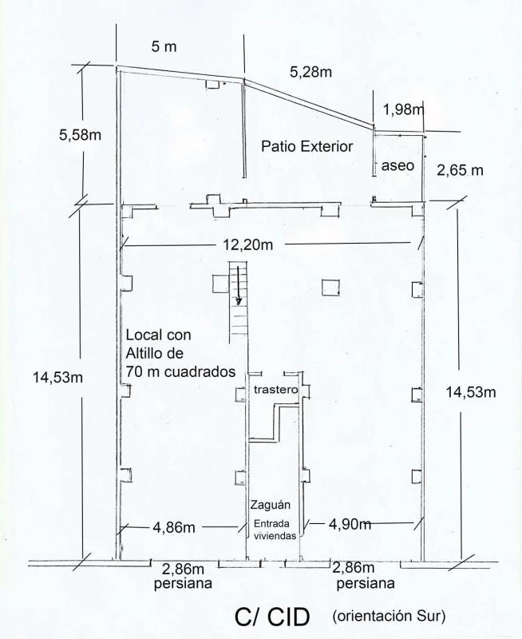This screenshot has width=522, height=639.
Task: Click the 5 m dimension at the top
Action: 164,46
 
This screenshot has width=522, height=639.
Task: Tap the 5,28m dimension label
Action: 310,72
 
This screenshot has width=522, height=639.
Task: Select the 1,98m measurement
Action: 403,109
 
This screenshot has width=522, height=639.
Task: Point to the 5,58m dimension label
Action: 80,135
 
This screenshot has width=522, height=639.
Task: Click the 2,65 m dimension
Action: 460,170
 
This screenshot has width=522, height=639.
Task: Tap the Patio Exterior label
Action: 307,146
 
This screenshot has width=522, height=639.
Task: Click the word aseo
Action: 397,165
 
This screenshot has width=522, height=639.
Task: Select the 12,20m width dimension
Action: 248,245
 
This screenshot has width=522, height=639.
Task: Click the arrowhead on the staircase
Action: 239,301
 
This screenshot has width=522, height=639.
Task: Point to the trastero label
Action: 275,390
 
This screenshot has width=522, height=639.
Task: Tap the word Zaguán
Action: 271,506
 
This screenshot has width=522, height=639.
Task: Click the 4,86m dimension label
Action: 174,528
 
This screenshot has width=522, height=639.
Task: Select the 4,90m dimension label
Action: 350,525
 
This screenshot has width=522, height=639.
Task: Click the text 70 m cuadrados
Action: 181,371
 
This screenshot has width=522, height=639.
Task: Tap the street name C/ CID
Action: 271,617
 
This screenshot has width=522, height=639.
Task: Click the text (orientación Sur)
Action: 389,615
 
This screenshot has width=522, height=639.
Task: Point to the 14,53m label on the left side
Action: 57,378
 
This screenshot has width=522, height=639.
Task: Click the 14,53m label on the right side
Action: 471,392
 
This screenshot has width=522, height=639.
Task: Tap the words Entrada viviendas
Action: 275,530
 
